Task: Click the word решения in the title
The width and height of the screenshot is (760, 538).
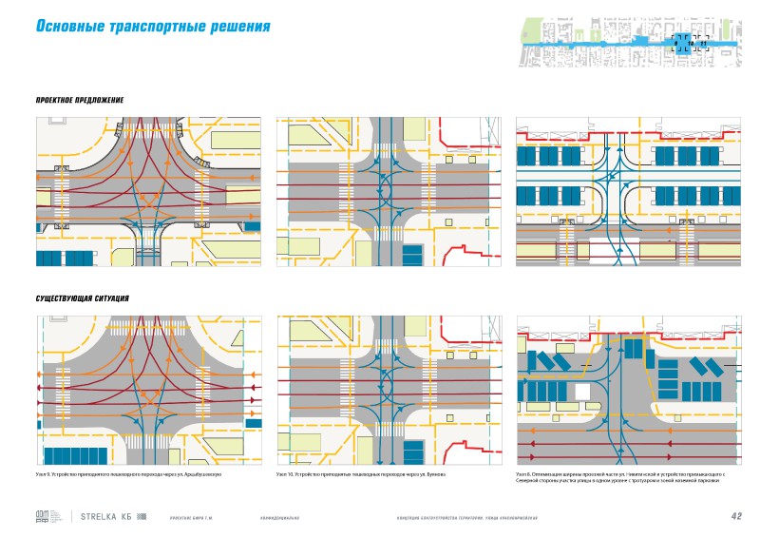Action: click(239, 27)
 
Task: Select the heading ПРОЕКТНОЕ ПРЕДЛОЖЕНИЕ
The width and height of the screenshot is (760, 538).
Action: click(80, 100)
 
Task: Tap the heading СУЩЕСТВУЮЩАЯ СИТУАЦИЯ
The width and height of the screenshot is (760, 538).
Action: click(82, 298)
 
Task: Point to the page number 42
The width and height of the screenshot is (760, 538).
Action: click(736, 517)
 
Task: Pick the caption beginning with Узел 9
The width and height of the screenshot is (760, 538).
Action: click(128, 473)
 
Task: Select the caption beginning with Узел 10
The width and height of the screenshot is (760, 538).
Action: click(360, 473)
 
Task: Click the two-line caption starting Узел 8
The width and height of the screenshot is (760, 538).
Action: click(619, 477)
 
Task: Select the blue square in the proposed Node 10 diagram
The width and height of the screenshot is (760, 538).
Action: click(412, 255)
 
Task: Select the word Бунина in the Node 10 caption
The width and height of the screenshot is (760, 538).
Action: click(435, 473)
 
